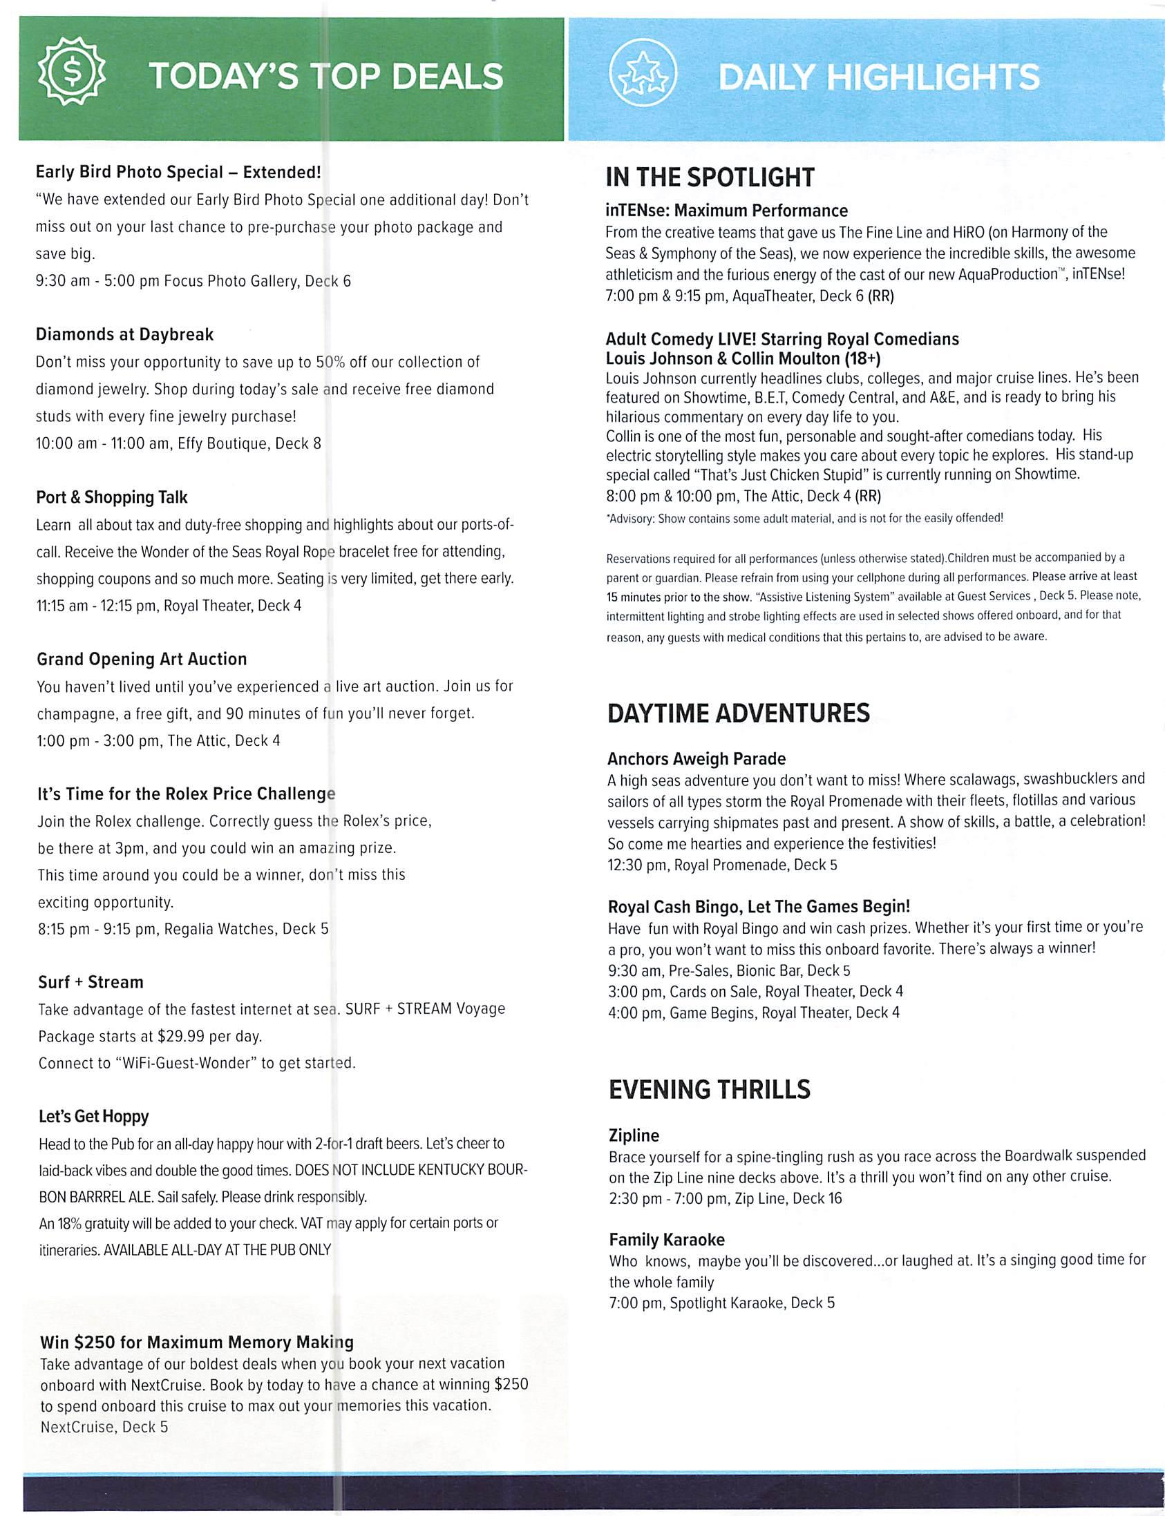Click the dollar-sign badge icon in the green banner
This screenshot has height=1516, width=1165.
(x=71, y=72)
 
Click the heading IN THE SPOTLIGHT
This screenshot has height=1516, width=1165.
(x=710, y=177)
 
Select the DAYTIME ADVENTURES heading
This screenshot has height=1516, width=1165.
(x=738, y=713)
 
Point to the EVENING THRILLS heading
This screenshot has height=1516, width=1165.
(x=709, y=1090)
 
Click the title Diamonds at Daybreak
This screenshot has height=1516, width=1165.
(x=125, y=334)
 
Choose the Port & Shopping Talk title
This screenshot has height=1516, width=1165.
(x=112, y=497)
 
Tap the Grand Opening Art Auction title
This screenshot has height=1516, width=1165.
(x=142, y=658)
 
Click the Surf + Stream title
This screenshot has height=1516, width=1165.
(x=91, y=981)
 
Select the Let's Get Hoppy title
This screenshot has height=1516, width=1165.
(x=93, y=1116)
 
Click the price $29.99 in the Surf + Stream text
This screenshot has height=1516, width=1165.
(x=180, y=1036)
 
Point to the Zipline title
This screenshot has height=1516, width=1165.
(x=634, y=1135)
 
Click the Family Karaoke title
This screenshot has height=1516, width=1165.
(x=666, y=1240)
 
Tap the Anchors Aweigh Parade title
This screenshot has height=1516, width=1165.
(x=697, y=758)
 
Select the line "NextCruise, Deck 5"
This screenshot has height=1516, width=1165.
(x=104, y=1427)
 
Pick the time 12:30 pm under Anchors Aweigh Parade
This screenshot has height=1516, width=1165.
(x=636, y=865)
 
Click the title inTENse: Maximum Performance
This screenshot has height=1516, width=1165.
(x=726, y=210)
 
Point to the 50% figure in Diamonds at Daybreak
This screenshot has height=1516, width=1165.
(x=330, y=362)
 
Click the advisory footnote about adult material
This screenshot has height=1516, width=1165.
(x=804, y=518)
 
